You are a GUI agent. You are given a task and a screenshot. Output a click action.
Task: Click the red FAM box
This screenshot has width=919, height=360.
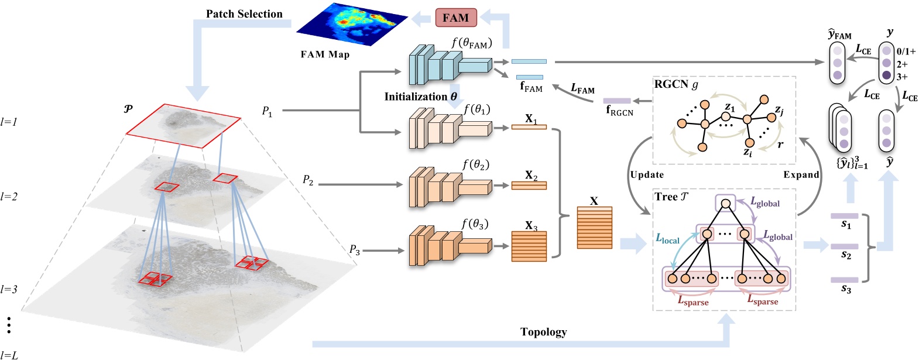455,18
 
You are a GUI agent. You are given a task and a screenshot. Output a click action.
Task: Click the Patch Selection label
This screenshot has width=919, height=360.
244,13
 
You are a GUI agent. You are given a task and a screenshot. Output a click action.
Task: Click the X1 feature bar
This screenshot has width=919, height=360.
529,126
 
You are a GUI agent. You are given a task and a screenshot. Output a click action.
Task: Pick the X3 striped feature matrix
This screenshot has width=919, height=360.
529,246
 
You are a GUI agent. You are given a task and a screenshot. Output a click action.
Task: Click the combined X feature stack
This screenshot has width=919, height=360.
594,228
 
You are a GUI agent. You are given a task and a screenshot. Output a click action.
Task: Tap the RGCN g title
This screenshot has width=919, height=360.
676,84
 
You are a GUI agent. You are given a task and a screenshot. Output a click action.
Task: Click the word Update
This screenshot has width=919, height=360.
647,174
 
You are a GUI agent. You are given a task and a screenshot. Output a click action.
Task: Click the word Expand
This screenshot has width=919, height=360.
801,174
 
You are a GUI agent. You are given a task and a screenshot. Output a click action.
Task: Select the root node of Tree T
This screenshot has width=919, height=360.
725,203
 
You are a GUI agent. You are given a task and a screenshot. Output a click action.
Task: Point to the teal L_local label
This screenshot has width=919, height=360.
667,239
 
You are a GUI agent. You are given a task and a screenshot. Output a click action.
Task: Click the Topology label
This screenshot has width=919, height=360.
543,332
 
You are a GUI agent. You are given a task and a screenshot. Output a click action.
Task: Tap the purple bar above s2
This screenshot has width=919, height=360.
844,246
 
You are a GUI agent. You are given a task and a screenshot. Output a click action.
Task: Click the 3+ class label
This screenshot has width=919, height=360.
902,77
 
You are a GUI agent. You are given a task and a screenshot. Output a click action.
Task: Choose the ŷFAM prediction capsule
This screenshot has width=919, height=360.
837,63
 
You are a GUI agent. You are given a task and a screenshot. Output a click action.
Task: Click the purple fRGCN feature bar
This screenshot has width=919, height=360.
617,101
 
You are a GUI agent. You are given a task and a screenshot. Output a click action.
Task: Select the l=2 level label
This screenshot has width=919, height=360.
9,197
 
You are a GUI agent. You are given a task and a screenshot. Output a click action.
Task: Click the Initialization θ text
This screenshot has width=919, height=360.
420,97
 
